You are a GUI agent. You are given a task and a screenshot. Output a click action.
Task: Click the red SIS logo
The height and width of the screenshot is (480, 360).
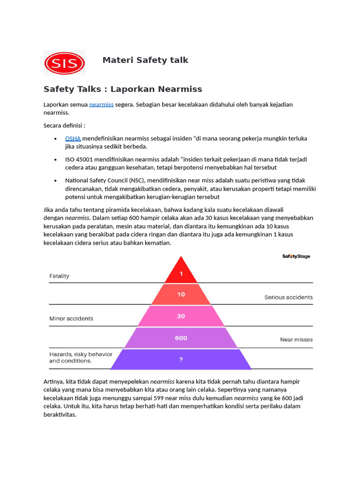(64, 63)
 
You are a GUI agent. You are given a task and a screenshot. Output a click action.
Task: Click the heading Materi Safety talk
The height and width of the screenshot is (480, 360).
(145, 60)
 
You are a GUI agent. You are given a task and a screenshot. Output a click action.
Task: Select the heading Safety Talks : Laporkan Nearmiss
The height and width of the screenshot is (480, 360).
(123, 89)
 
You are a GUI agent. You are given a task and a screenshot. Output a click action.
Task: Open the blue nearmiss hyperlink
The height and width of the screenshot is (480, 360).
(101, 105)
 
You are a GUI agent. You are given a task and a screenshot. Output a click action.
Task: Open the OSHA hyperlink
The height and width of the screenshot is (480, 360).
(73, 138)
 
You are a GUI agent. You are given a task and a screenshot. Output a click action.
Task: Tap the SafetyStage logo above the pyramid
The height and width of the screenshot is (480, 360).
(296, 256)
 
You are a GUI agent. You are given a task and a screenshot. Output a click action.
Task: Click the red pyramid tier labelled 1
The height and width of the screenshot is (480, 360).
(181, 273)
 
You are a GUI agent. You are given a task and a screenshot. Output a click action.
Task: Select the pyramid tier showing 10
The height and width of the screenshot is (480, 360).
(181, 294)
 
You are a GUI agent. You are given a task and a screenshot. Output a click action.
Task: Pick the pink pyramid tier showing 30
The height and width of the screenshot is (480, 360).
(181, 316)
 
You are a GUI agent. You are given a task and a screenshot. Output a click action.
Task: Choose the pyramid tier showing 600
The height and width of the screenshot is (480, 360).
(181, 337)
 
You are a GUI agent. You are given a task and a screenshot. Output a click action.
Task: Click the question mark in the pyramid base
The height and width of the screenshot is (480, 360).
(181, 360)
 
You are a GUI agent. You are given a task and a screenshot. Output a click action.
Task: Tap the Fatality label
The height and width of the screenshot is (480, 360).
(60, 276)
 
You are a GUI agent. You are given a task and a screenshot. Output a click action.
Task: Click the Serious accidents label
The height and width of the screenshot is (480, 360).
(288, 297)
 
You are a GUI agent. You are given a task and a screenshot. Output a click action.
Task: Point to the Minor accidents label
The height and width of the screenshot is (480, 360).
(71, 319)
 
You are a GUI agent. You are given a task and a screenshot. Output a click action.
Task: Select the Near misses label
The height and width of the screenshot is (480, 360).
(296, 340)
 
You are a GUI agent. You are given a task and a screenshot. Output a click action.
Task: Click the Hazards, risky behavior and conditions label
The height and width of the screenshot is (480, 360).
(81, 358)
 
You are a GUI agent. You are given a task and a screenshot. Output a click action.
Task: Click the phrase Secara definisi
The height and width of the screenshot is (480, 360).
(64, 126)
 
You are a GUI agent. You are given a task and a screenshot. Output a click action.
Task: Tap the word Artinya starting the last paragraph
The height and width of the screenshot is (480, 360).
(54, 382)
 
